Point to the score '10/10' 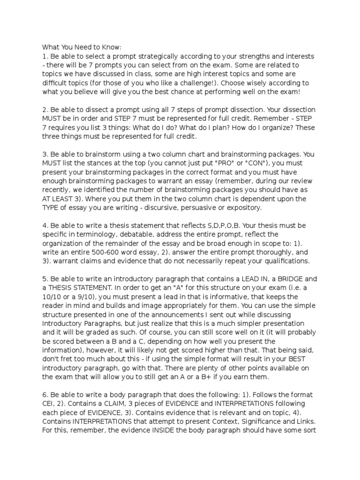[54, 297]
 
